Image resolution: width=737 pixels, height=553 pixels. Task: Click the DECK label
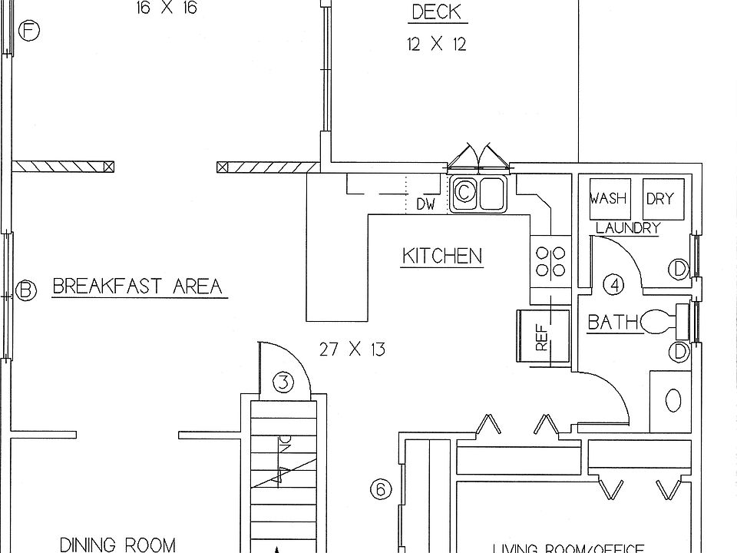coord(436,12)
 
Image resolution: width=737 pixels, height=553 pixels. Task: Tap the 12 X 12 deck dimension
coord(436,45)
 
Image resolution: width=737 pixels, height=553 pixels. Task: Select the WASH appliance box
coord(608,199)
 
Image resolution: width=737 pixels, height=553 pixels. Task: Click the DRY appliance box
coord(659,199)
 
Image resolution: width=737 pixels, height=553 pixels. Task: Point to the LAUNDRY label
coord(628,228)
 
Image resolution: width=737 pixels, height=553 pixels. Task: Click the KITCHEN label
coord(442,256)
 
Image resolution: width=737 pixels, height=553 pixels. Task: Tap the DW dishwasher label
coord(426,205)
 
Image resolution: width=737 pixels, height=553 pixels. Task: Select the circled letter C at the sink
coord(464,193)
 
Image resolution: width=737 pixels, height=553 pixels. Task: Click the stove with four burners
coord(550,260)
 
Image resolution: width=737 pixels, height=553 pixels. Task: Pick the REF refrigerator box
coord(544,336)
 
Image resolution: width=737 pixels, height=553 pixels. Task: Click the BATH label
coord(613,322)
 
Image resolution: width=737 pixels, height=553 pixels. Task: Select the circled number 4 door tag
coord(614,285)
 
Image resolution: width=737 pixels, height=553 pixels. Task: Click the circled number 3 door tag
coord(283,382)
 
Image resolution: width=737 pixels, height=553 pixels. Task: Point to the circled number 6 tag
coord(381,489)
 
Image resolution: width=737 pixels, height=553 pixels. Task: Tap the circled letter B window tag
coord(27,290)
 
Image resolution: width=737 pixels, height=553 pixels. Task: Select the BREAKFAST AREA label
coord(137,286)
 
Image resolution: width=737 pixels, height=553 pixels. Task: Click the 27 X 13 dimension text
coord(352,350)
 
